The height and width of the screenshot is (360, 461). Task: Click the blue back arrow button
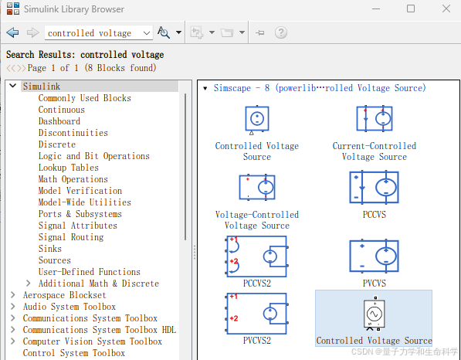click(x=12, y=32)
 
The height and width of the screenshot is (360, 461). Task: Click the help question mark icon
click(x=281, y=32)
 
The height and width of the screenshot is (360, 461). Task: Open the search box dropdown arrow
click(x=147, y=33)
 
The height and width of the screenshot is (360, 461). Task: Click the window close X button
click(x=446, y=8)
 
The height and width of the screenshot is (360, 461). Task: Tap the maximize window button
click(x=411, y=8)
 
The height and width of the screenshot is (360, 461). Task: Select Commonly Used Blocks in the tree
click(x=85, y=98)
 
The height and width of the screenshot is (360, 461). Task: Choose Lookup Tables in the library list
click(x=69, y=168)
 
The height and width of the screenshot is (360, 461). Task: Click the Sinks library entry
click(x=50, y=249)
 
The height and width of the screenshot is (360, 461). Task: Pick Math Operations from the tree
click(x=73, y=178)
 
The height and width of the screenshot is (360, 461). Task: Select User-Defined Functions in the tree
click(x=90, y=271)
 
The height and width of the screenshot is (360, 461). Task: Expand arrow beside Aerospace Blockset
click(x=12, y=294)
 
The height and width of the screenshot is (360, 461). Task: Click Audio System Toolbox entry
click(x=69, y=307)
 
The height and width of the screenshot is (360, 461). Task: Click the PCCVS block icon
click(x=374, y=188)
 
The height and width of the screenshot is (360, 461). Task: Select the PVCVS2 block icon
click(x=257, y=314)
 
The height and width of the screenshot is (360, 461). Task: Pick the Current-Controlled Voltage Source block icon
click(x=375, y=118)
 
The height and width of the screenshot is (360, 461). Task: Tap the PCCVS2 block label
click(x=257, y=283)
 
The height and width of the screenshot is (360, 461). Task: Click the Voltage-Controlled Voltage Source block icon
click(x=257, y=188)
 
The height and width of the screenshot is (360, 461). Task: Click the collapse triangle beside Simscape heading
click(x=205, y=88)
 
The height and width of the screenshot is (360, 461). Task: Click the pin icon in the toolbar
click(x=260, y=32)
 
